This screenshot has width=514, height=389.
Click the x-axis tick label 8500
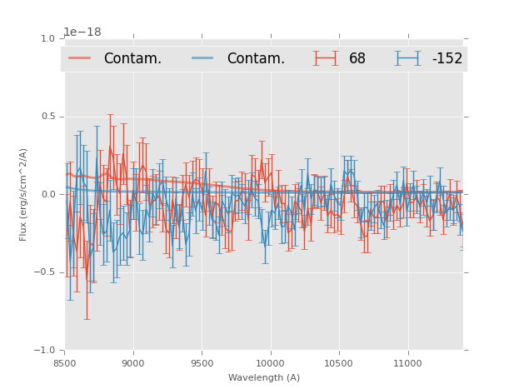pyautogui.click(x=65, y=363)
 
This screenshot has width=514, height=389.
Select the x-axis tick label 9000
pyautogui.click(x=133, y=363)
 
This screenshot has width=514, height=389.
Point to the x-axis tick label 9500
pyautogui.click(x=202, y=363)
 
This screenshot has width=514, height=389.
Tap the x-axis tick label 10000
pyautogui.click(x=270, y=363)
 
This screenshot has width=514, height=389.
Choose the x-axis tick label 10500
pyautogui.click(x=339, y=363)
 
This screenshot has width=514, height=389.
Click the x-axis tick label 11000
pyautogui.click(x=407, y=363)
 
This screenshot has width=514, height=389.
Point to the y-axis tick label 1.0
pyautogui.click(x=47, y=38)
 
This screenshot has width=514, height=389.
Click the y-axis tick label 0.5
pyautogui.click(x=47, y=117)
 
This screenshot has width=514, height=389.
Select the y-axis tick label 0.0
pyautogui.click(x=47, y=194)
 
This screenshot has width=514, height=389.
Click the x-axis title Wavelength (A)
pyautogui.click(x=264, y=377)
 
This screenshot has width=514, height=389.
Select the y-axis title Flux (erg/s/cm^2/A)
pyautogui.click(x=24, y=194)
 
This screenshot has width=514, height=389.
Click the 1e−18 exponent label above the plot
pyautogui.click(x=82, y=32)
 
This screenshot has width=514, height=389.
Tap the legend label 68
pyautogui.click(x=357, y=58)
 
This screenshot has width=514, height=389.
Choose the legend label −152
pyautogui.click(x=447, y=58)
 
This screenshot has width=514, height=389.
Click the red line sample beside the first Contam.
pyautogui.click(x=80, y=58)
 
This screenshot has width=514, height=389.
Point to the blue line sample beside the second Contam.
pyautogui.click(x=203, y=58)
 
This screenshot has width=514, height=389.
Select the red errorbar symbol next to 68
pyautogui.click(x=327, y=58)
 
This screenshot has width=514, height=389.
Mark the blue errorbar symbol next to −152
pyautogui.click(x=408, y=58)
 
